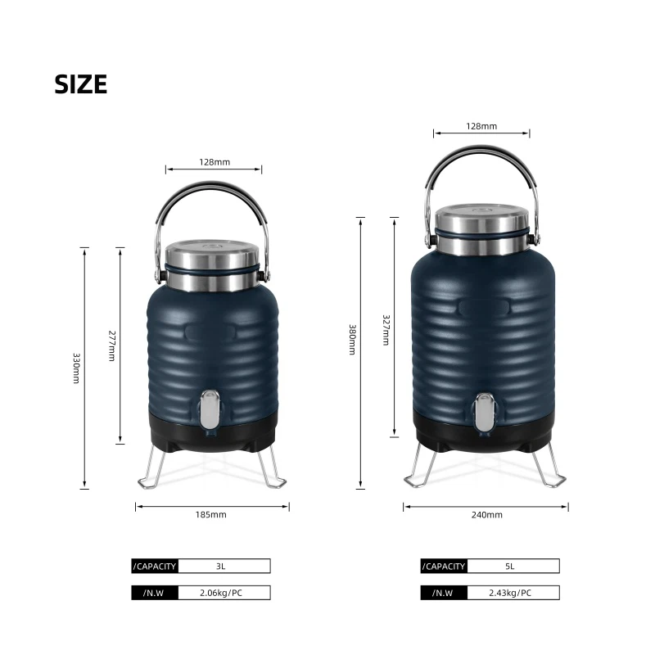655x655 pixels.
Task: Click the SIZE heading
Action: tap(80, 84)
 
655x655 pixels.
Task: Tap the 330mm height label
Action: tap(76, 368)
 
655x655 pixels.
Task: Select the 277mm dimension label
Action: tap(112, 346)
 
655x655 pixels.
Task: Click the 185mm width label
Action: tap(211, 515)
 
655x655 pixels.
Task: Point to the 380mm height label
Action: tap(353, 339)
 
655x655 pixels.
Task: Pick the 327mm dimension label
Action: tap(386, 330)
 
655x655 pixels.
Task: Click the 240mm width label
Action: tap(487, 515)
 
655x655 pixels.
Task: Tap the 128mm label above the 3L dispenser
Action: tap(215, 162)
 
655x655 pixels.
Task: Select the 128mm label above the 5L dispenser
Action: tap(481, 126)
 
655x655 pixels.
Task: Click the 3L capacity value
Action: tap(220, 567)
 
